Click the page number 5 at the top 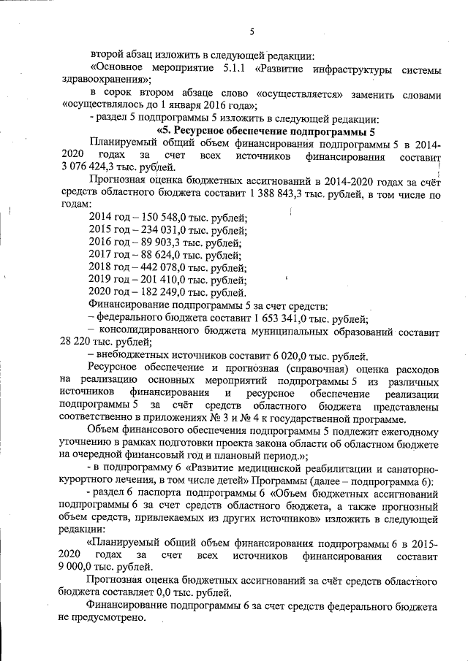tap(251, 31)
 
